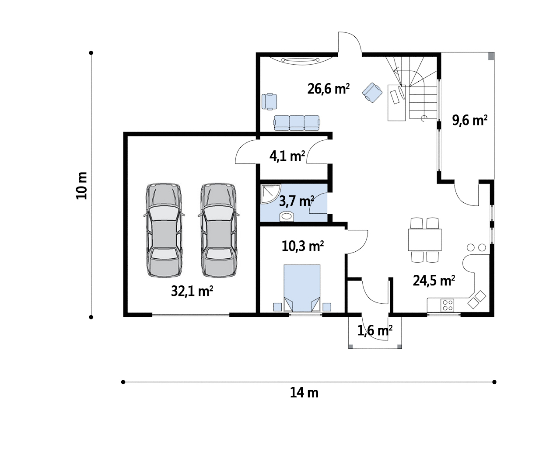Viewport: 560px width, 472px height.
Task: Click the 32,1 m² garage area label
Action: (192, 291)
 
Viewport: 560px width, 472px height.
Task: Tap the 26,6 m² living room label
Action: (329, 89)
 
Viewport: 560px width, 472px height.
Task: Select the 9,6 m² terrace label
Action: (469, 120)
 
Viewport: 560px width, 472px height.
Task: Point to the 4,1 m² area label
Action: (287, 156)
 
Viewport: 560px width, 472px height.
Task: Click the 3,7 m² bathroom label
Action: (296, 201)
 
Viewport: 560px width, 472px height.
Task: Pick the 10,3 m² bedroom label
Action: (303, 246)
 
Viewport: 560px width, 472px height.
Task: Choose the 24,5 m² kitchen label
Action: (434, 281)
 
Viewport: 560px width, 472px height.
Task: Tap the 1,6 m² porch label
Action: (375, 330)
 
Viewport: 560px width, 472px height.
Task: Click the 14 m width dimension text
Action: (304, 393)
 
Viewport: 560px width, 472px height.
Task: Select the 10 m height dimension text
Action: (82, 186)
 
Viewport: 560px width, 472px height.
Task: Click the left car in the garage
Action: (164, 230)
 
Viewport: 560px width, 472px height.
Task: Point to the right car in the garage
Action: (219, 230)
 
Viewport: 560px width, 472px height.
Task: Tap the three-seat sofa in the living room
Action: (297, 123)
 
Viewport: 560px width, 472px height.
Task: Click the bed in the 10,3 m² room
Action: (302, 288)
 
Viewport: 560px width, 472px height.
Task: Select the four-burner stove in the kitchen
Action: (447, 305)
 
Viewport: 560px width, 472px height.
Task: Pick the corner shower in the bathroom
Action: (270, 194)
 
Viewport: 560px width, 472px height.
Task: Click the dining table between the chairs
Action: (425, 239)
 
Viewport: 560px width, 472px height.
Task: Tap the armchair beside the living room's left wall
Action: (269, 101)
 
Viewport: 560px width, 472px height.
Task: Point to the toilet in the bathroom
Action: (287, 217)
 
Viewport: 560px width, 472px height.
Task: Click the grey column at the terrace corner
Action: (491, 56)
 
